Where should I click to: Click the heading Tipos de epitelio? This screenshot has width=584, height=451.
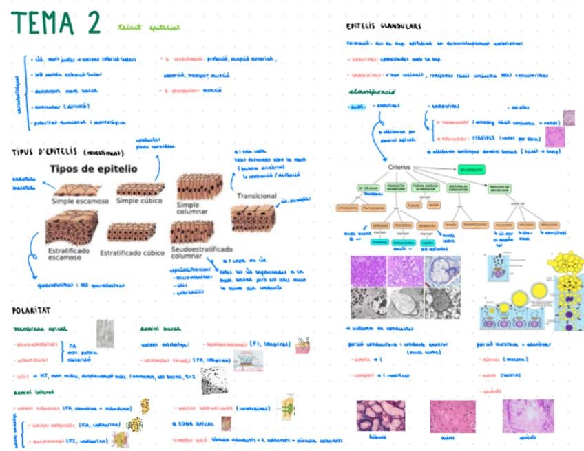coord(94,169)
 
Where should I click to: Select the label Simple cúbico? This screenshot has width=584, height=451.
coord(138,201)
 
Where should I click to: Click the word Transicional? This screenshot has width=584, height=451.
coord(257,196)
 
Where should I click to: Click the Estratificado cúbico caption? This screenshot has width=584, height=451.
coord(132,252)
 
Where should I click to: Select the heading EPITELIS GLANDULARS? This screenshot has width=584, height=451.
coord(384,27)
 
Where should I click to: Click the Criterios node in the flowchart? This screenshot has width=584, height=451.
coord(399,167)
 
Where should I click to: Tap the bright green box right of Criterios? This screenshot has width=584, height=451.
coord(471,169)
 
